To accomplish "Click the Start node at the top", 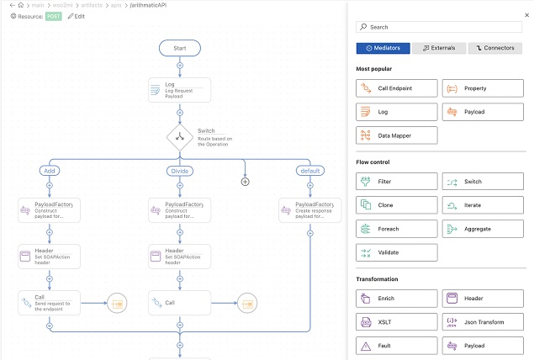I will click(x=179, y=48).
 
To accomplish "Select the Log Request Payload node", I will click(x=179, y=91).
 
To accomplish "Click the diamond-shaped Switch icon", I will click(x=180, y=136).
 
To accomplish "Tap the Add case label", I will click(x=49, y=171).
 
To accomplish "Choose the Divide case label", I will click(x=179, y=171).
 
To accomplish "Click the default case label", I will click(x=309, y=171).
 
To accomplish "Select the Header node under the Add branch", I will click(x=49, y=257).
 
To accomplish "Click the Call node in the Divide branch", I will click(x=179, y=302).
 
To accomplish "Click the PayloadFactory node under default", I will click(x=309, y=210).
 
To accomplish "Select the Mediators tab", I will click(x=383, y=49).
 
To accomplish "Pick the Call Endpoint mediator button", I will click(x=396, y=88).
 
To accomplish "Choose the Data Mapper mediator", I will click(x=396, y=135).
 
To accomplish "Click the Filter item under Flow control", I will click(x=396, y=181).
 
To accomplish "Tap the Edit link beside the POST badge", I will click(x=77, y=16).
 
